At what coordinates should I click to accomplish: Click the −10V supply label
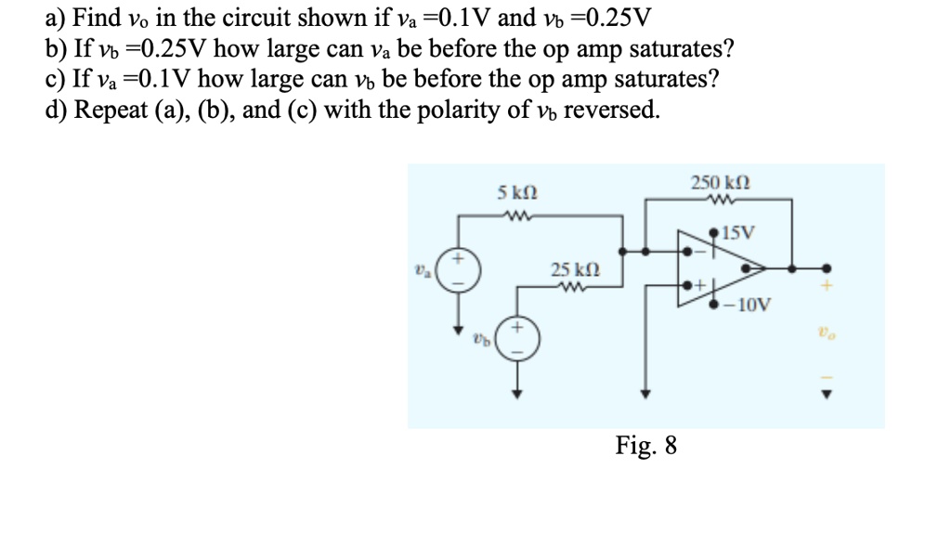pos(747,303)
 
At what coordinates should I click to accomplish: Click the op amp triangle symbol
pos(719,267)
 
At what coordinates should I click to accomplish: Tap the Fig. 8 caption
pos(646,446)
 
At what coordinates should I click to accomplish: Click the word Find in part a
pos(97,18)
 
